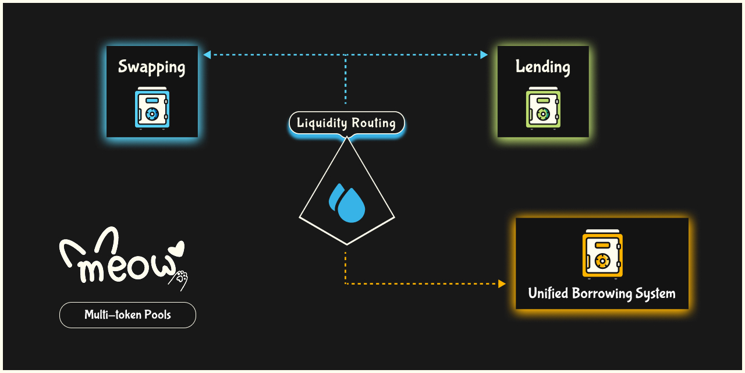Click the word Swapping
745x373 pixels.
click(151, 67)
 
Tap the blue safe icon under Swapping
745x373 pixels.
click(152, 108)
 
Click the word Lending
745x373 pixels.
click(542, 67)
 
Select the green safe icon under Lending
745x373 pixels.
click(543, 108)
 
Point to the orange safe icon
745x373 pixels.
click(602, 254)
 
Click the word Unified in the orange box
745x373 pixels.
click(548, 293)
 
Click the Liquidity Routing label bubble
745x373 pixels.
click(346, 123)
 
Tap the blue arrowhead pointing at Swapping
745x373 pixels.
click(207, 55)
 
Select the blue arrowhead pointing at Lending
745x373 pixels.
click(484, 55)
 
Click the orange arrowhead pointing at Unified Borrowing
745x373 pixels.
click(502, 284)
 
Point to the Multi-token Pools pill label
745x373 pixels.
click(127, 315)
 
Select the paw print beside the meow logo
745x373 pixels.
click(180, 278)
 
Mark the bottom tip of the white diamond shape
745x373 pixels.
click(347, 244)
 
